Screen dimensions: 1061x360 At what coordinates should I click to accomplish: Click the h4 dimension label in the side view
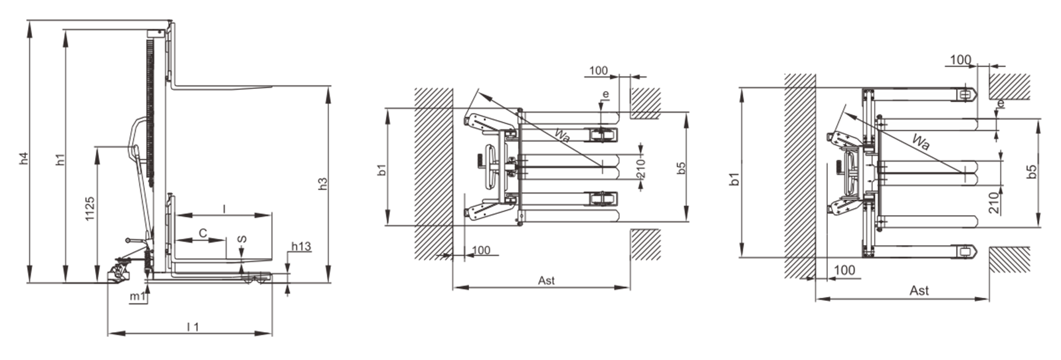tap(24, 158)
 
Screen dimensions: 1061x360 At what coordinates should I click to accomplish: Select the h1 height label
tap(60, 159)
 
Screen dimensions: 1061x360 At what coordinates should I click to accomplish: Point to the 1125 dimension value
tap(90, 209)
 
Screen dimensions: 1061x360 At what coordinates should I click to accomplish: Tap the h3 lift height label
tap(323, 184)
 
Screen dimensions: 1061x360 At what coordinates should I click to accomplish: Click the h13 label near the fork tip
tap(301, 246)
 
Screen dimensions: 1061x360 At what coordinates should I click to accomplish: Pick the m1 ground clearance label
tap(138, 296)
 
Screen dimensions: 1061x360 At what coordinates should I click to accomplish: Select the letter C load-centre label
tap(203, 233)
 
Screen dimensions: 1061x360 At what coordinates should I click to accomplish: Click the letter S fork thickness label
tap(242, 239)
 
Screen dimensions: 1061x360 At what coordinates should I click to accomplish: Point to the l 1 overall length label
tap(193, 327)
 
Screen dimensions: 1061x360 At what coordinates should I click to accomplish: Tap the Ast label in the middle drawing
tap(546, 280)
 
